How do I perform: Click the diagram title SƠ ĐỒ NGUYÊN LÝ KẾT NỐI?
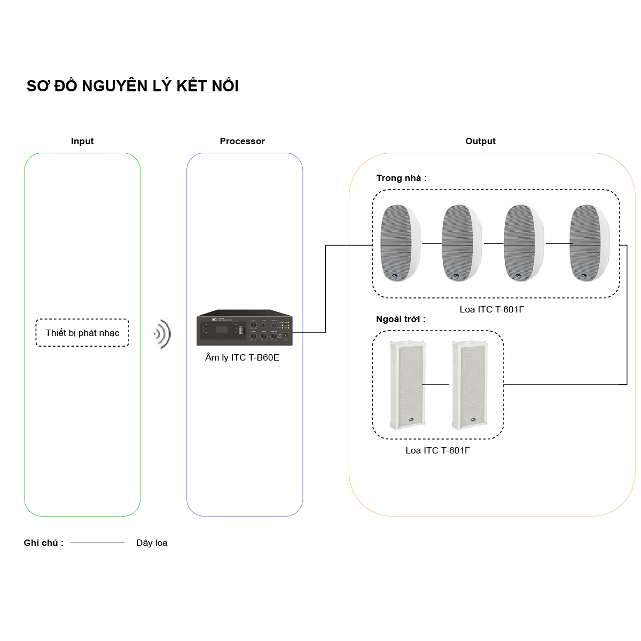(132, 86)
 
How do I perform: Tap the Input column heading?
(82, 141)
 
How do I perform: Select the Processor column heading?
(242, 141)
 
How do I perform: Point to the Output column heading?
(480, 141)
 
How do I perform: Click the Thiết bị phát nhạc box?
(82, 333)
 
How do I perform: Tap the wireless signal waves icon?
(162, 334)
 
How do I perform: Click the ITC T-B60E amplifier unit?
(244, 327)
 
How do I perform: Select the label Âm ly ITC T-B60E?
(242, 357)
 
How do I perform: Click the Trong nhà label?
(401, 178)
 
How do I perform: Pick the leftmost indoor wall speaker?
(400, 243)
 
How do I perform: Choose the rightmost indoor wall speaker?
(589, 243)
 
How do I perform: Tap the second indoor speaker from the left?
(462, 243)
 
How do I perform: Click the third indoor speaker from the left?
(523, 243)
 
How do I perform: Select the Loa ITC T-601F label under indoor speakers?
(491, 309)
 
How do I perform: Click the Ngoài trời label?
(401, 319)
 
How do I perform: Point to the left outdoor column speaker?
(408, 385)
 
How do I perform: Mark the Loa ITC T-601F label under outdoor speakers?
(437, 450)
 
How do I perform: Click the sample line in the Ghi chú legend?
(97, 543)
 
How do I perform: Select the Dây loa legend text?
(152, 543)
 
